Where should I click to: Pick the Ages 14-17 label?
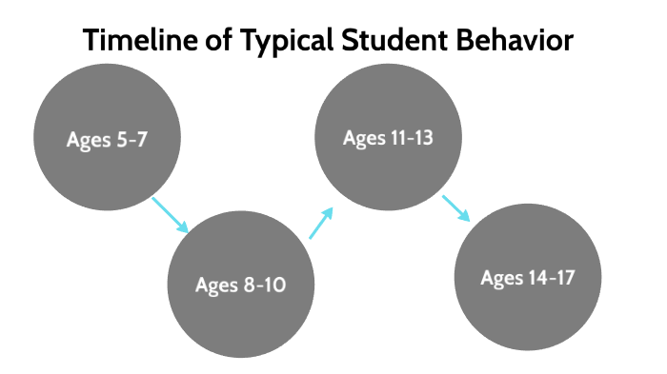(528, 278)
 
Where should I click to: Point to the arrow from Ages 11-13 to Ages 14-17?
(456, 208)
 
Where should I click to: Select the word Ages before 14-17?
(501, 279)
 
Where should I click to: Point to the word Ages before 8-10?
(216, 285)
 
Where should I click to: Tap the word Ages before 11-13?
(363, 138)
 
